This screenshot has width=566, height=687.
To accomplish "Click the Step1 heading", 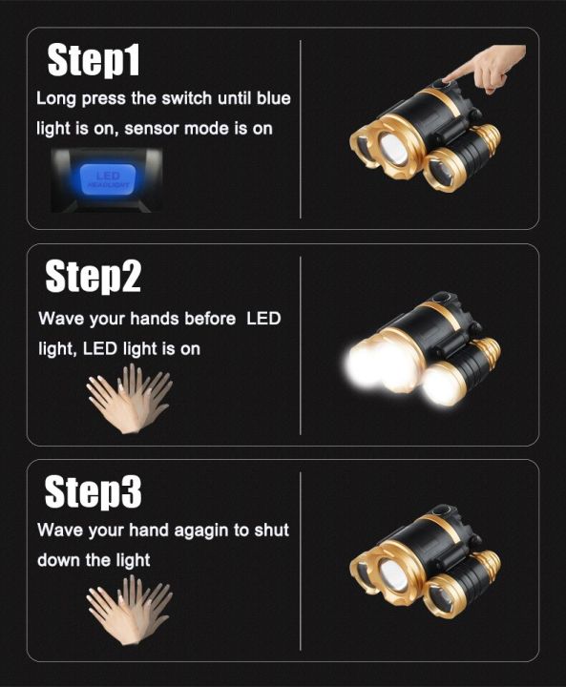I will click(x=94, y=60).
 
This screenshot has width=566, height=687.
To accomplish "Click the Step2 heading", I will click(x=94, y=277).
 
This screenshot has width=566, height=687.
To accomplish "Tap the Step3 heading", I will click(x=94, y=492).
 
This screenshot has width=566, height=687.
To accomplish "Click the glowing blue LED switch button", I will click(x=108, y=180).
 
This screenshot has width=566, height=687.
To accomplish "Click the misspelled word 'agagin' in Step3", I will click(x=195, y=530).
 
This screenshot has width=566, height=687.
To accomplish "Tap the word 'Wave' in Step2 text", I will click(x=60, y=319).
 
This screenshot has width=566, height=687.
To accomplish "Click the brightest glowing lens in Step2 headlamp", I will click(x=364, y=366).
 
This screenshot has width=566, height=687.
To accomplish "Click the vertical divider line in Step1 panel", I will click(x=301, y=128).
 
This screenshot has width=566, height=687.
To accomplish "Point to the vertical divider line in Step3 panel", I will click(x=301, y=560).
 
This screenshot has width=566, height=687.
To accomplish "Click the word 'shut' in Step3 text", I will click(x=271, y=530).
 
